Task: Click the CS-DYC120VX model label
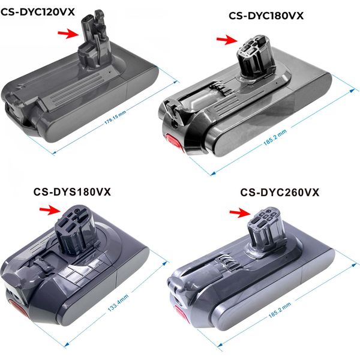pyautogui.click(x=38, y=12)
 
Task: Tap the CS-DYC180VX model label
pyautogui.click(x=266, y=16)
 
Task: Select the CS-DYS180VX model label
pyautogui.click(x=72, y=192)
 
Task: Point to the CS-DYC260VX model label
pyautogui.click(x=280, y=193)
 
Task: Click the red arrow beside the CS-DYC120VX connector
pyautogui.click(x=68, y=34)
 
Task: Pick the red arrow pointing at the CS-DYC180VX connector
pyautogui.click(x=227, y=40)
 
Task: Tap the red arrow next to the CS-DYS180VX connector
pyautogui.click(x=50, y=210)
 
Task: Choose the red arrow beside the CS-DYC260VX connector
pyautogui.click(x=240, y=212)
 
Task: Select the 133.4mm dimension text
pyautogui.click(x=118, y=302)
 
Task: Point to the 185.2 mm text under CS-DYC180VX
pyautogui.click(x=275, y=137)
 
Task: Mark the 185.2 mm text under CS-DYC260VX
pyautogui.click(x=280, y=310)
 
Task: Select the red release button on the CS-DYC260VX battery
pyautogui.click(x=182, y=314)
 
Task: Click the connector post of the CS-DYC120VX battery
pyautogui.click(x=94, y=39)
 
